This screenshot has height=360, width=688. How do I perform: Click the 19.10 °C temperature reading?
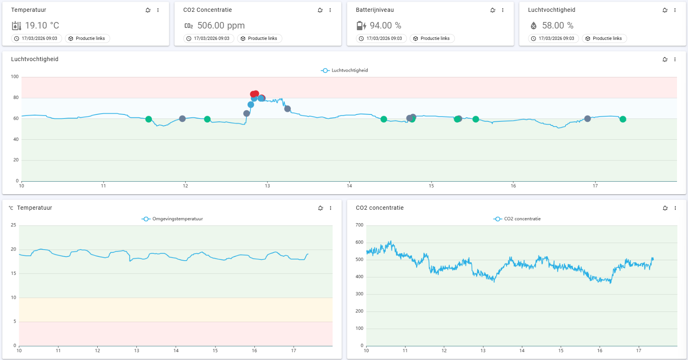tap(42, 26)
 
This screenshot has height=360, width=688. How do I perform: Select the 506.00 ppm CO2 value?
tap(221, 26)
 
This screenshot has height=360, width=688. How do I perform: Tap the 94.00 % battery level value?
tap(386, 26)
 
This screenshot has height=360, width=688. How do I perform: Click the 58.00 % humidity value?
tap(558, 26)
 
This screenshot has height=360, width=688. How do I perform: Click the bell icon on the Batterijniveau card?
tap(493, 10)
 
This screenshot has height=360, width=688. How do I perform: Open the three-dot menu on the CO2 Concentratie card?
tap(330, 10)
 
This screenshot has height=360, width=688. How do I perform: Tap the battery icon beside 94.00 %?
tap(361, 26)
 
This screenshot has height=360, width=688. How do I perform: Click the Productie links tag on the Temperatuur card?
tap(87, 38)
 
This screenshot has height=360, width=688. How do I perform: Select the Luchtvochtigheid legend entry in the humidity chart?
tap(344, 70)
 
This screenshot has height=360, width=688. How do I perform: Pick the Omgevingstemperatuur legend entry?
tap(172, 219)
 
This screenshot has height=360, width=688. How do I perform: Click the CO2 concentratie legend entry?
tap(517, 219)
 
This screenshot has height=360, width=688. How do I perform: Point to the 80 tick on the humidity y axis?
tap(15, 98)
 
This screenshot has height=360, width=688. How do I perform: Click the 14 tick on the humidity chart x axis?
tap(349, 186)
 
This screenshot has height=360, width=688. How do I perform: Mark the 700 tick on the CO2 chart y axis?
tap(359, 225)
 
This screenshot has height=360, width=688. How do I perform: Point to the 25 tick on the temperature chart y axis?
tap(13, 225)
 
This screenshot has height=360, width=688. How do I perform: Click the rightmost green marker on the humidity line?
tap(623, 119)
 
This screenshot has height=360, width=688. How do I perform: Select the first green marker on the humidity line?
tap(149, 119)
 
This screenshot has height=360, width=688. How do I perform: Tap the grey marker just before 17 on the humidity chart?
tap(587, 119)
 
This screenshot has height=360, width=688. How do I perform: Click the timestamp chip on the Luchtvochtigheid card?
tap(554, 38)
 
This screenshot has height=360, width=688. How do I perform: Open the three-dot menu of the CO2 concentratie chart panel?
tap(675, 208)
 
